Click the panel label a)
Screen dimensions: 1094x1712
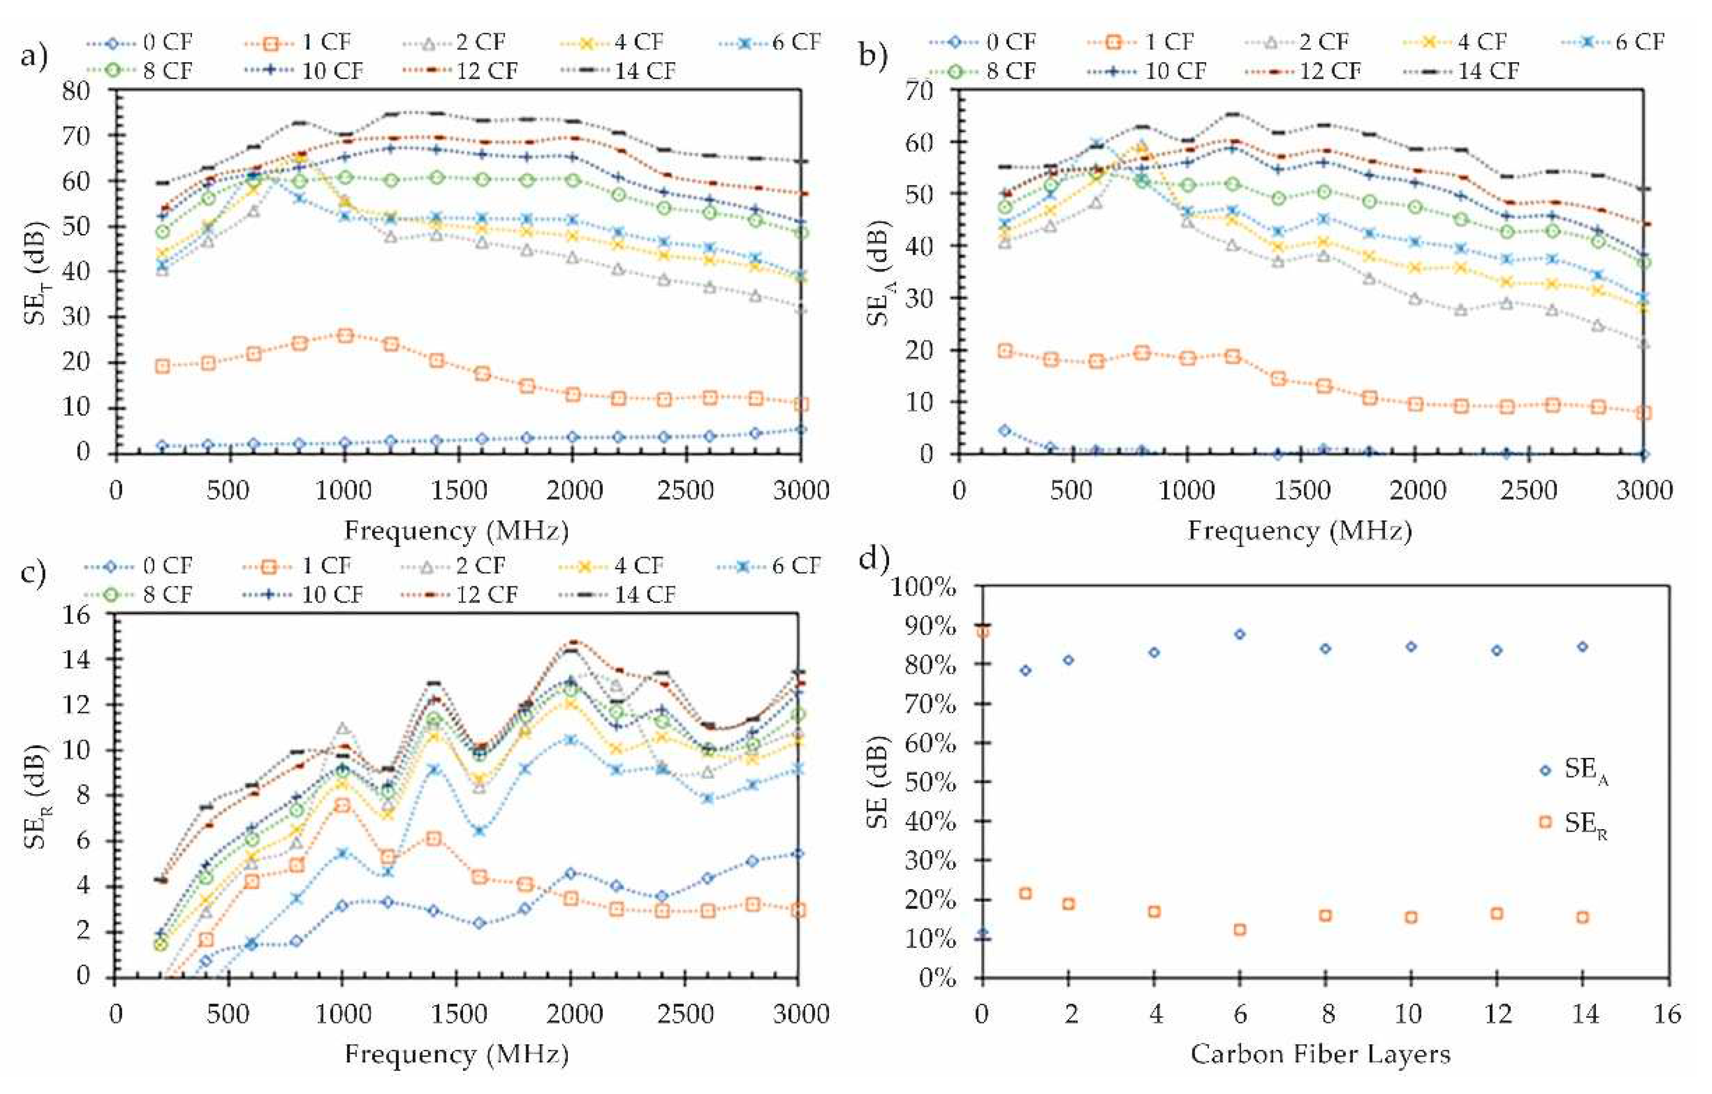click(33, 55)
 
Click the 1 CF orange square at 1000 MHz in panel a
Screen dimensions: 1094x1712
click(345, 336)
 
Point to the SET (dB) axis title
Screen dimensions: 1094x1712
click(37, 274)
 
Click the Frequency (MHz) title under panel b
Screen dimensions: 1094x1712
click(1299, 531)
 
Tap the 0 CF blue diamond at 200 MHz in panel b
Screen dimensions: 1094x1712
click(1004, 430)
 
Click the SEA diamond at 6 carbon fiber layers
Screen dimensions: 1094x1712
click(1239, 634)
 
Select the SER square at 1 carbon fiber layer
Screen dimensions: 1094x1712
click(1025, 894)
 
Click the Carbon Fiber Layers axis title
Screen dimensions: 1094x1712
click(1320, 1054)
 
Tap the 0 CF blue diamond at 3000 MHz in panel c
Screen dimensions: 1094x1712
click(798, 853)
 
